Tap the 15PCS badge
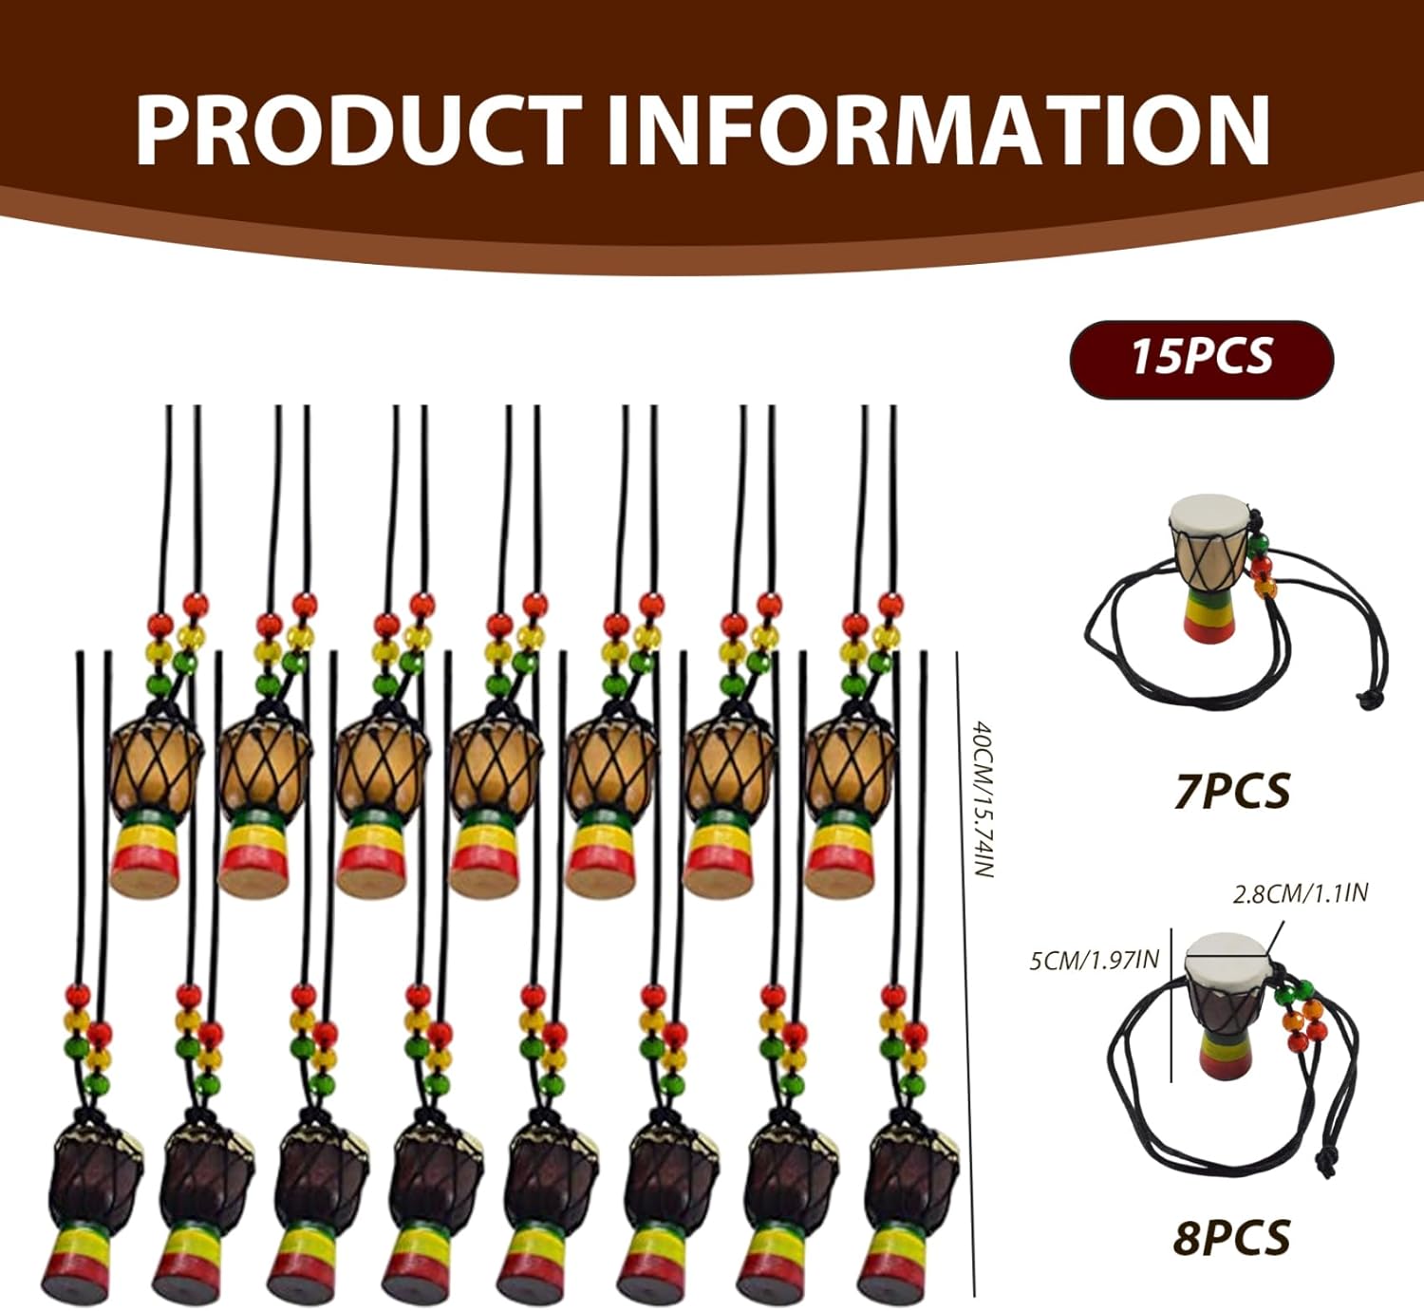pyautogui.click(x=1202, y=360)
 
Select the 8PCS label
pyautogui.click(x=1231, y=1236)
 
